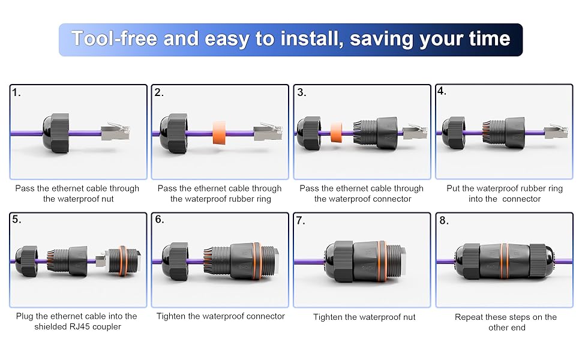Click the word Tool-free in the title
point(114,39)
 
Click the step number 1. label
point(16,93)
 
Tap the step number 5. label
point(16,220)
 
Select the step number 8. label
point(444,220)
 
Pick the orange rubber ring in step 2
point(220,131)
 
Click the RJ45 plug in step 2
point(266,132)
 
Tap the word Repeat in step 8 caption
point(469,317)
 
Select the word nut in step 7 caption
point(407,317)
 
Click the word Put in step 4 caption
point(454,188)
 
